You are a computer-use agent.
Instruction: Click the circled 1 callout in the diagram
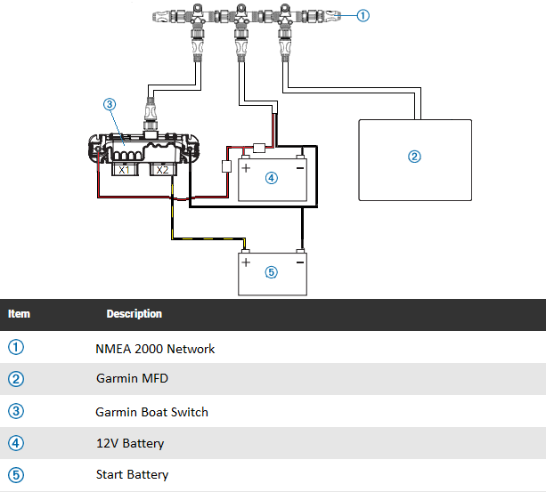[x=363, y=14]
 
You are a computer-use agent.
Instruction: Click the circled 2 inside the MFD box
[x=413, y=157]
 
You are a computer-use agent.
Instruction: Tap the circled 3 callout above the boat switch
[x=110, y=104]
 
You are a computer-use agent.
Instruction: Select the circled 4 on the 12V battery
[x=271, y=177]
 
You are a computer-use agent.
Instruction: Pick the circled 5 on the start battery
[x=272, y=272]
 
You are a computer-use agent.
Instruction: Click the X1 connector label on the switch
[x=124, y=169]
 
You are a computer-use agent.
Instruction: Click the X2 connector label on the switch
[x=161, y=169]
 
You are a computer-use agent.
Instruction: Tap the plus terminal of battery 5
[x=246, y=262]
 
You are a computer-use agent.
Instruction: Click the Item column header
[x=19, y=314]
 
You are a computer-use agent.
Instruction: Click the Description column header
[x=134, y=314]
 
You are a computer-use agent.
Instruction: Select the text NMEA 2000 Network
[x=155, y=349]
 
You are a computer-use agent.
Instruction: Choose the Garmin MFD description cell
[x=132, y=379]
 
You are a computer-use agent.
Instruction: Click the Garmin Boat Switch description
[x=151, y=412]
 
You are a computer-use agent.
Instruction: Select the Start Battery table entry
[x=132, y=474]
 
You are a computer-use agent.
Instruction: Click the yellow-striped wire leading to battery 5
[x=209, y=238]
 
